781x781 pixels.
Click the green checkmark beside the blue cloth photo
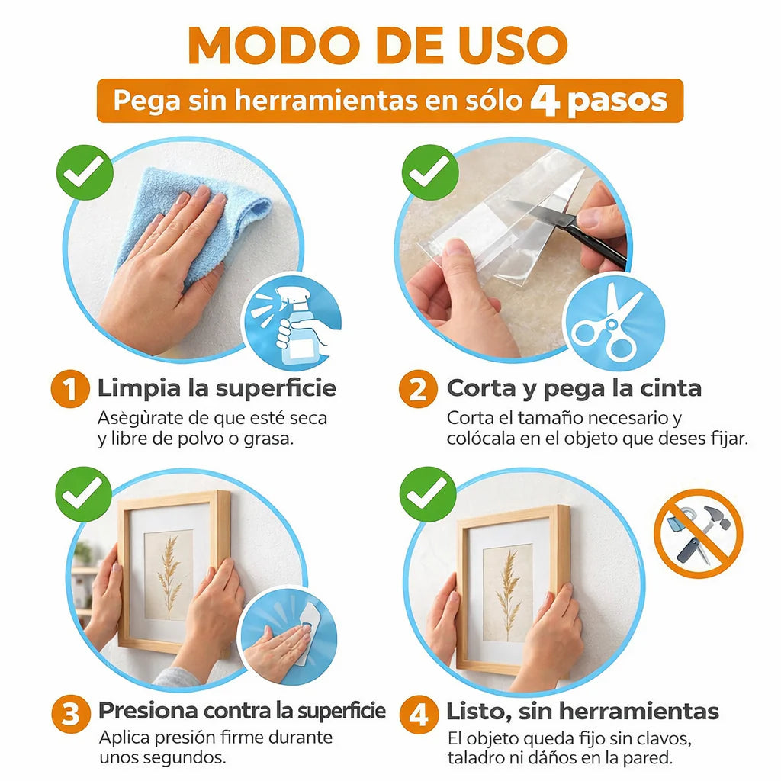85,172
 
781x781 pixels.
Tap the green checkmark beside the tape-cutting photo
429,172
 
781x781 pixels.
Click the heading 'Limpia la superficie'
217,388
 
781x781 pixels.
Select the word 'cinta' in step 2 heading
670,388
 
